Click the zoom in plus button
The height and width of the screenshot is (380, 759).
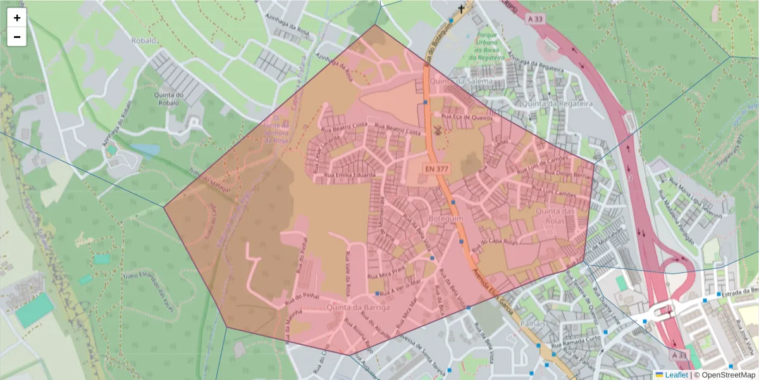point(17,18)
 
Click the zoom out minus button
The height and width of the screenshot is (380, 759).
point(17,37)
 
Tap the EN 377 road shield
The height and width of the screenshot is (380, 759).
point(436,169)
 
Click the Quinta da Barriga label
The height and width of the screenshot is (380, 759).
point(359,307)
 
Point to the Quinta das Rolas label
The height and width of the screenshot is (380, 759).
point(554,215)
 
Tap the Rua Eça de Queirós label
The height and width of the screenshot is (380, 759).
point(467,117)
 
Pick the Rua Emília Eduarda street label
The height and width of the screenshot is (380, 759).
point(350,175)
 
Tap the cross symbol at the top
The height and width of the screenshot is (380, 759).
point(462,9)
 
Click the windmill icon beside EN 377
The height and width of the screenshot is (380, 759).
point(437,130)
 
